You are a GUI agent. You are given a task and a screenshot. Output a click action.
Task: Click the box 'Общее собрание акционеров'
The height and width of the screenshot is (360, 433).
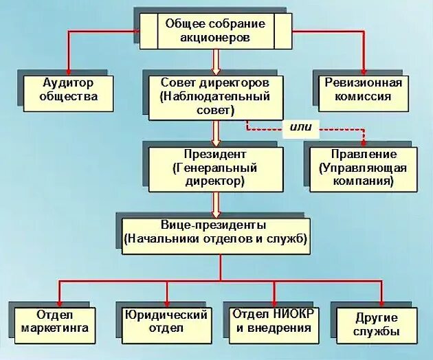[x=214, y=32]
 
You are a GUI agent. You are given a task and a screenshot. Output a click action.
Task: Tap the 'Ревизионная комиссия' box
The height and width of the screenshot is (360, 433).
[x=363, y=89]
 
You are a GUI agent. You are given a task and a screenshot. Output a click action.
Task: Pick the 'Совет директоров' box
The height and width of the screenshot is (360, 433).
[x=214, y=96]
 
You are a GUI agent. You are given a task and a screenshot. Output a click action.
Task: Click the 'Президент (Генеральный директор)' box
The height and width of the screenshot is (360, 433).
[x=214, y=169]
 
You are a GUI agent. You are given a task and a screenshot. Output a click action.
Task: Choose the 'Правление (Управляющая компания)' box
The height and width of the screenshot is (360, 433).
[x=362, y=169]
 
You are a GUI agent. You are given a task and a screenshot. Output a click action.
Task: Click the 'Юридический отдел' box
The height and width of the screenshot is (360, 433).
[x=165, y=323]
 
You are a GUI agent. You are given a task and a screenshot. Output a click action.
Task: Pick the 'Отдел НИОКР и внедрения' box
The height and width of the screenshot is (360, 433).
[x=272, y=322]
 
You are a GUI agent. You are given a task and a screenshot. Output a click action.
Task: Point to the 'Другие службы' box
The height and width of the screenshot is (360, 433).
[x=377, y=324]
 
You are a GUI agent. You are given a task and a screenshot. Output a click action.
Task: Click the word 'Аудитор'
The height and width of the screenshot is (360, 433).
[x=68, y=82]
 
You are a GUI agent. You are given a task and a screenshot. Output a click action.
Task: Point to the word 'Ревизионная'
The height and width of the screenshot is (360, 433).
[x=364, y=82]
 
